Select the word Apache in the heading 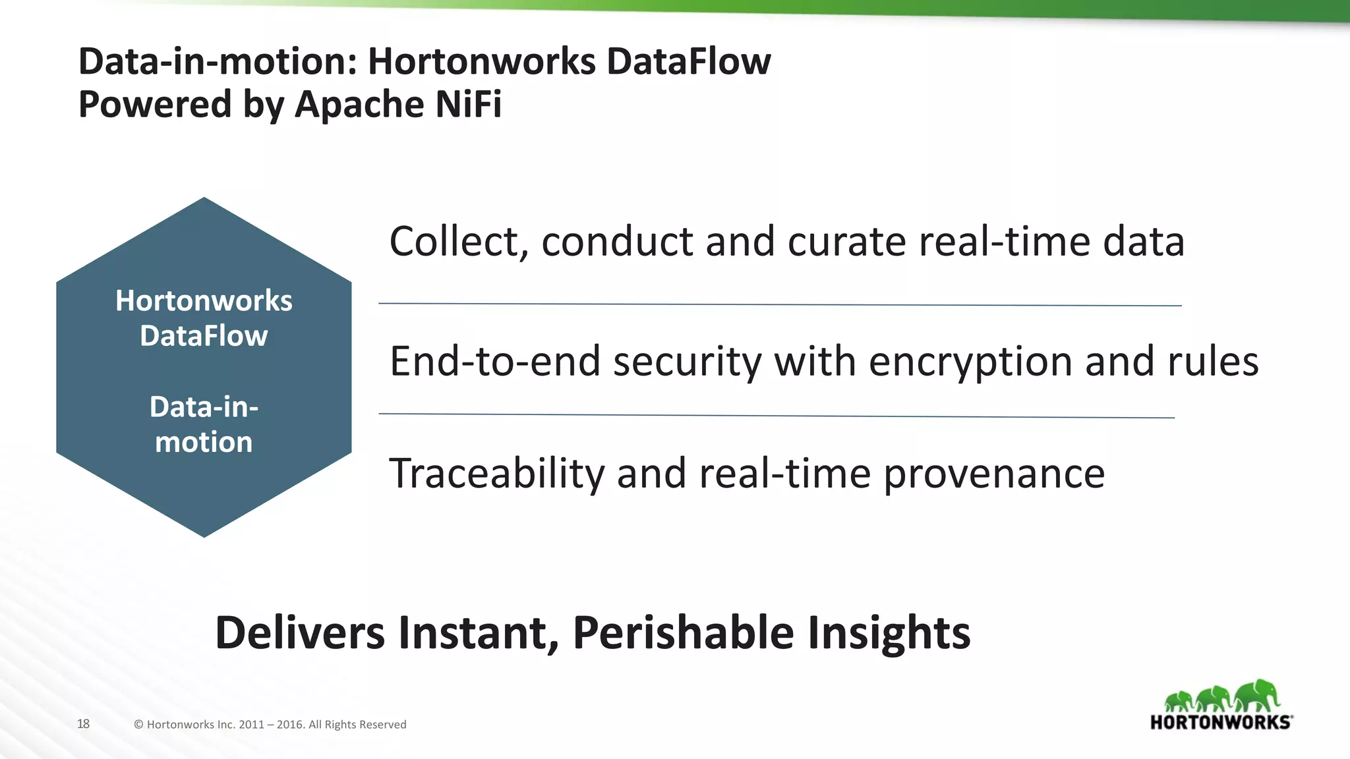pyautogui.click(x=355, y=104)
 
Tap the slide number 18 pyautogui.click(x=83, y=723)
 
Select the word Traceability pyautogui.click(x=496, y=473)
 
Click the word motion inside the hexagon pyautogui.click(x=204, y=442)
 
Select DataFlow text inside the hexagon pyautogui.click(x=204, y=336)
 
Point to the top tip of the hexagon pyautogui.click(x=204, y=199)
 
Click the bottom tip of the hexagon pyautogui.click(x=204, y=535)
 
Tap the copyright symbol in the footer pyautogui.click(x=138, y=725)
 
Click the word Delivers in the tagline pyautogui.click(x=300, y=632)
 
